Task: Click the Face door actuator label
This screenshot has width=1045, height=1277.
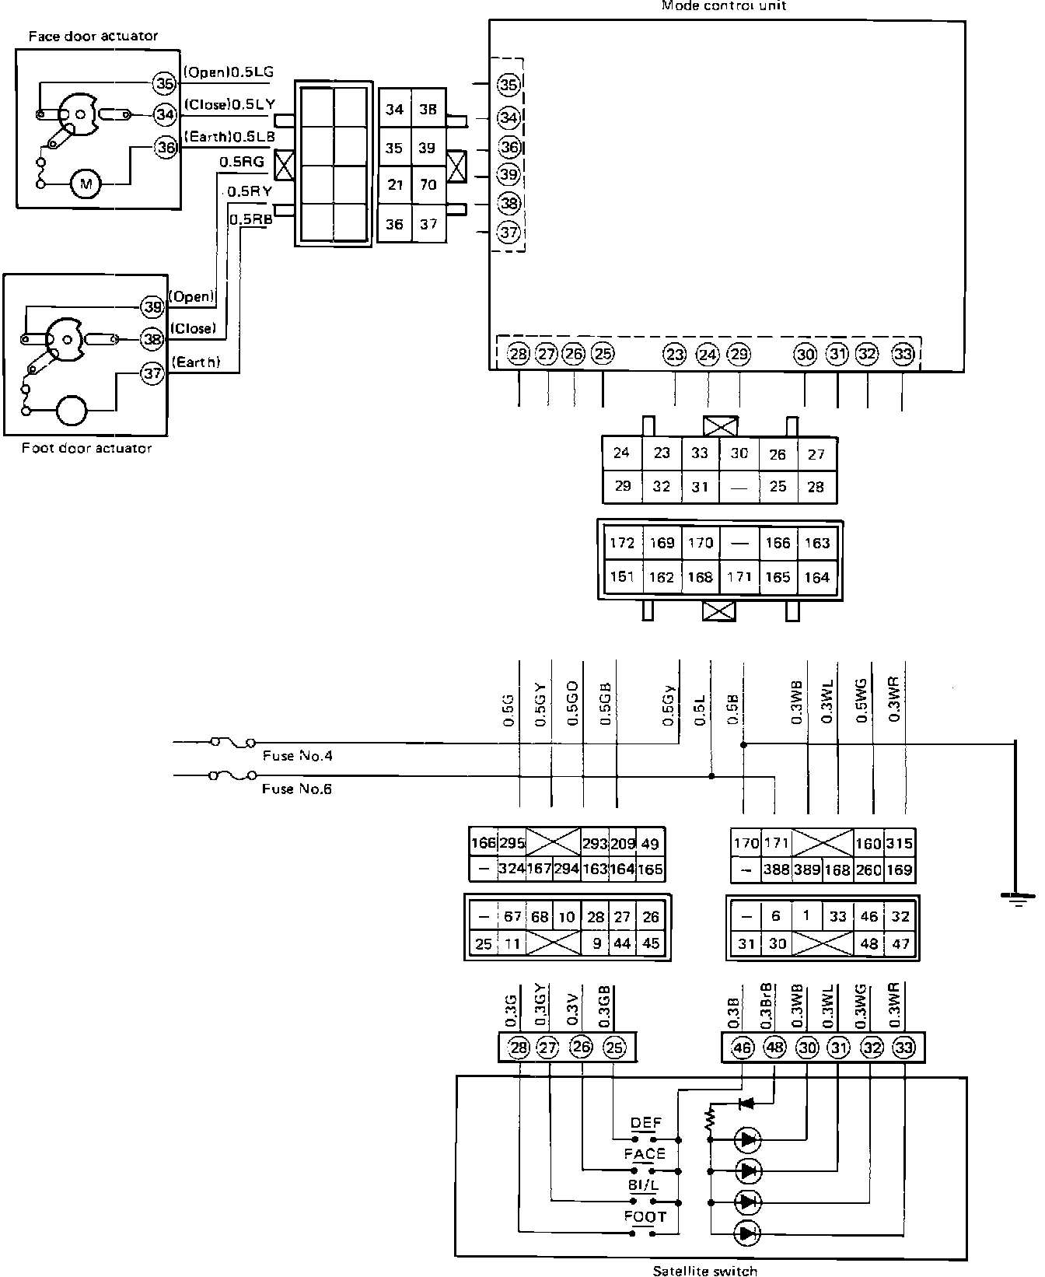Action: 93,36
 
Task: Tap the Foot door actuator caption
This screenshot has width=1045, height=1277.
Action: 86,448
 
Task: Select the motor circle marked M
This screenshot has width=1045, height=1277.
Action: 86,184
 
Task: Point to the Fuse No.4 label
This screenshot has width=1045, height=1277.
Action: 298,755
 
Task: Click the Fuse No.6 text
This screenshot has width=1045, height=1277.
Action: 298,789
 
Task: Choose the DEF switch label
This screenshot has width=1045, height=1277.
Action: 646,1123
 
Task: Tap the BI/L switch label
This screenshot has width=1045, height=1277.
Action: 644,1185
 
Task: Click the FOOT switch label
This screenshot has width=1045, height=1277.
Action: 645,1216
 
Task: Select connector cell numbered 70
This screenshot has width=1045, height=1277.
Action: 428,185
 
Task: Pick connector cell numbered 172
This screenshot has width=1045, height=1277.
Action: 622,543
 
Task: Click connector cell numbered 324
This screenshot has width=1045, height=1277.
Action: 512,869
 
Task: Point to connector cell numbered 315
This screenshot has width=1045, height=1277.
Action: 899,844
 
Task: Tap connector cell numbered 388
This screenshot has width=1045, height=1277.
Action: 776,869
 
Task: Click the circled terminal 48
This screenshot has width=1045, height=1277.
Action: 774,1048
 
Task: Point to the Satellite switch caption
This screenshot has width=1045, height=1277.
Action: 705,1271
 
